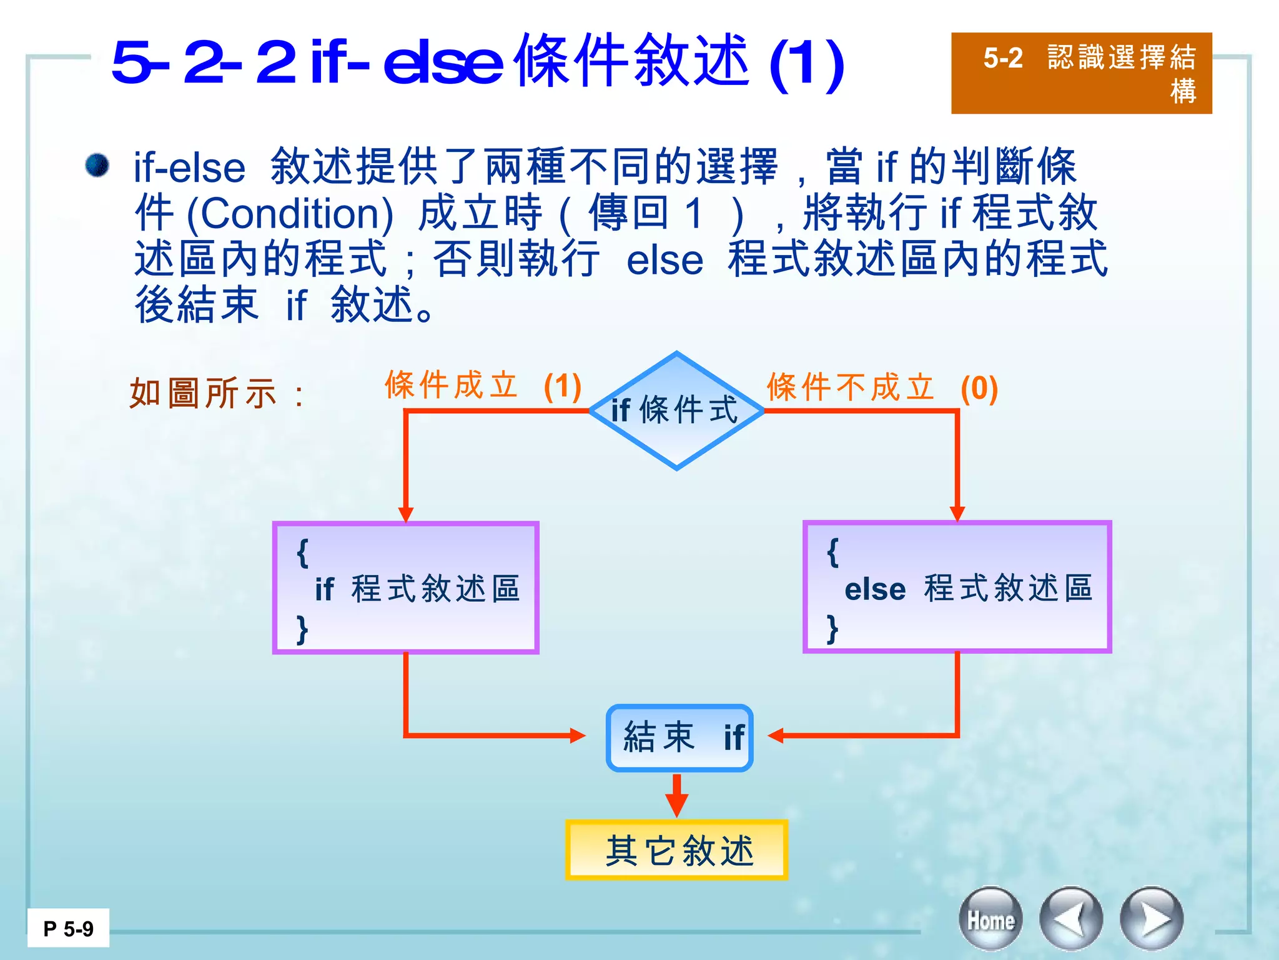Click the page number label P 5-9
[68, 929]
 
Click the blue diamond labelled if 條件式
[676, 411]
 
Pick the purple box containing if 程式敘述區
[406, 587]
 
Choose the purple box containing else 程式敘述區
[957, 587]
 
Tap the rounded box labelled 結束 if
[679, 737]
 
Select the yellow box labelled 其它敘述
[676, 850]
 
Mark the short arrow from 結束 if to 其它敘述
[676, 795]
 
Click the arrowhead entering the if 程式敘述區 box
[406, 514]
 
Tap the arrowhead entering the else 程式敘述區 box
[957, 514]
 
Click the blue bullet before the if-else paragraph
[97, 166]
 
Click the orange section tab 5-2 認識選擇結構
[1081, 73]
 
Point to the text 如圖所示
[203, 394]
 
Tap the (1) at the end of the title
[807, 64]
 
